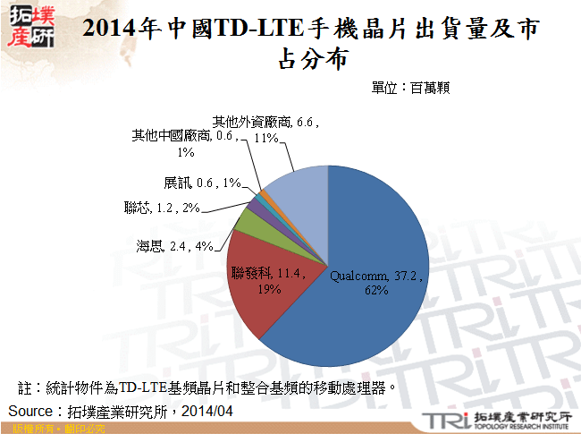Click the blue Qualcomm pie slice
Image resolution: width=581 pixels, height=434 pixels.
point(375,242)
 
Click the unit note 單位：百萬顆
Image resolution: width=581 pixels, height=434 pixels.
point(414,88)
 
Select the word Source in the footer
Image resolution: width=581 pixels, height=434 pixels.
point(32,411)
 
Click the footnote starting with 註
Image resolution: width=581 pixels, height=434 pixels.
point(206,389)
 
